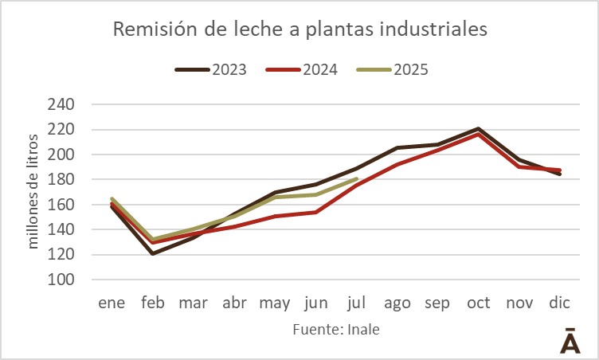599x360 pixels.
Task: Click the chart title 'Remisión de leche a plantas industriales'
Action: tap(299, 30)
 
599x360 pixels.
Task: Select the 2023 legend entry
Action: tap(211, 69)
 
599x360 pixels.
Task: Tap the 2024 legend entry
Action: tap(302, 69)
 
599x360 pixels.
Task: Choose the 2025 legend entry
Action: tap(393, 69)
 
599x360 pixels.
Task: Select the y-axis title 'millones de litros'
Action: tap(33, 191)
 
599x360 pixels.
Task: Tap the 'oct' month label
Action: tap(478, 303)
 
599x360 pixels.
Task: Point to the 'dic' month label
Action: tap(559, 303)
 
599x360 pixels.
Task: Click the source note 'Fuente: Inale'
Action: tap(335, 330)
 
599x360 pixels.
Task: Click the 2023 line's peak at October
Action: tap(478, 128)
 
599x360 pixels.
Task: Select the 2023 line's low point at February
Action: tap(151, 253)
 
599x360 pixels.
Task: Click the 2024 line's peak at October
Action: tap(478, 135)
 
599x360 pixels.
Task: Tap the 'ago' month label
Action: tap(396, 303)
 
